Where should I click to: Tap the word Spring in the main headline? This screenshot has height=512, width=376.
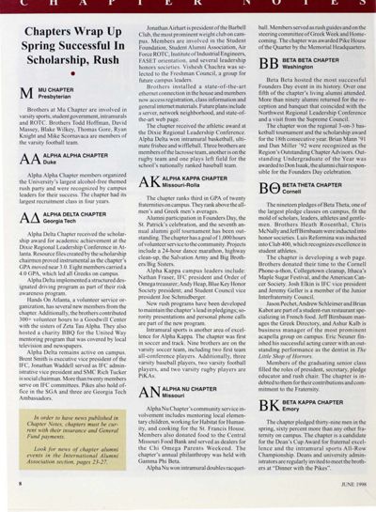pyautogui.click(x=41, y=50)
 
